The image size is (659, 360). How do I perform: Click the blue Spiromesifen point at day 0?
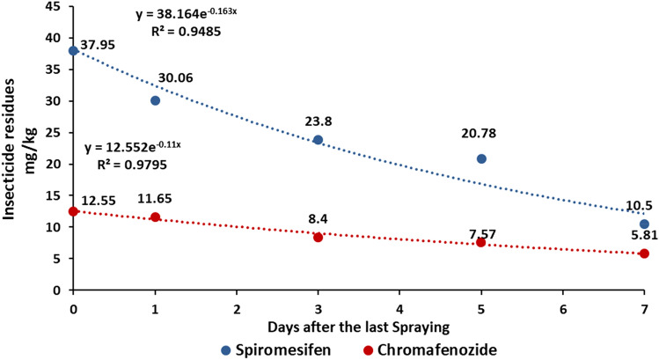pos(73,50)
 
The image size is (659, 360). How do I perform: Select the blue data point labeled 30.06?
pos(155,100)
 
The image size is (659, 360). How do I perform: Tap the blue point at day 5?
pos(481,158)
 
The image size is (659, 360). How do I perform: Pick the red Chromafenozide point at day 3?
pos(318,237)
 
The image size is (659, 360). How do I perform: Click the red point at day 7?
pos(644,253)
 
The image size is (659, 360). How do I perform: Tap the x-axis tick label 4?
pos(399,310)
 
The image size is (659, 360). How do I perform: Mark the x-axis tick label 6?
pos(562,310)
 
